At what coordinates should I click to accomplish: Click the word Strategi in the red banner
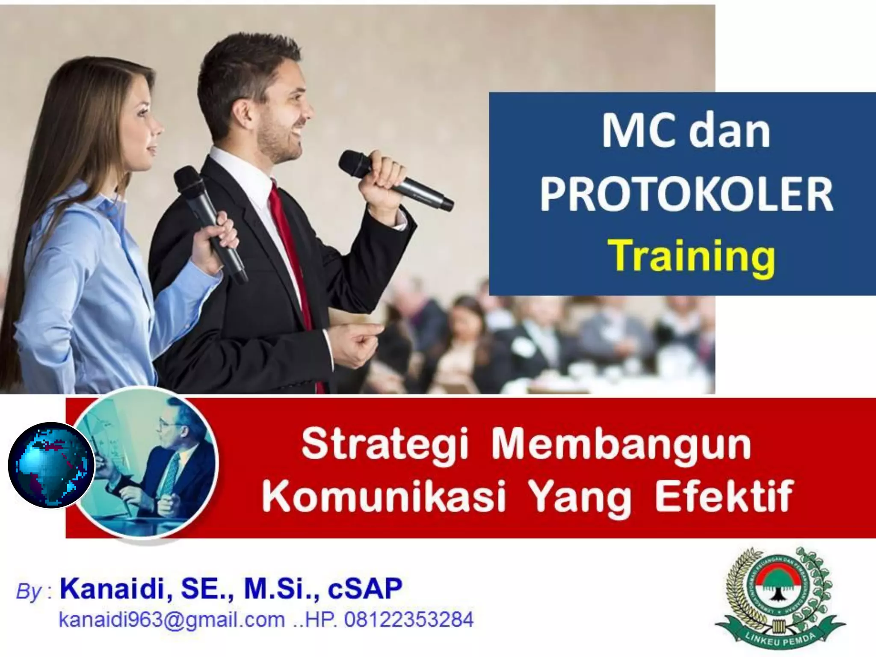coord(384,446)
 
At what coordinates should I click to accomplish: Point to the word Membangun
coord(621,446)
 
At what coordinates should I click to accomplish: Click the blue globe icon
coord(51,465)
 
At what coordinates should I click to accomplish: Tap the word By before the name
coord(29,592)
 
